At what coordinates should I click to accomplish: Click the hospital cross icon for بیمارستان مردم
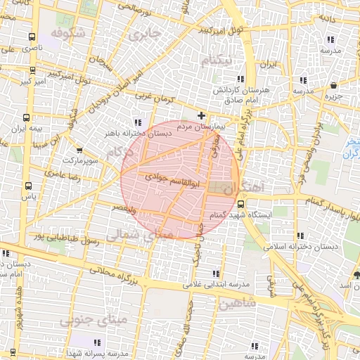click(202, 115)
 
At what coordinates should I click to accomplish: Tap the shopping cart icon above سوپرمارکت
click(79, 150)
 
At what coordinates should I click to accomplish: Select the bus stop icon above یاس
click(28, 186)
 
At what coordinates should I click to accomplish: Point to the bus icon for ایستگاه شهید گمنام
click(308, 202)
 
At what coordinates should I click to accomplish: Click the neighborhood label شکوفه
click(67, 33)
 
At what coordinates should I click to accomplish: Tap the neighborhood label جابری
click(145, 33)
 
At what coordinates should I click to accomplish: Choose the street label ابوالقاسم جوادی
click(165, 181)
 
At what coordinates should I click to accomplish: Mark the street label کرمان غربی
click(154, 94)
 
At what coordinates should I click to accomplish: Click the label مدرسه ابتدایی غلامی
click(217, 285)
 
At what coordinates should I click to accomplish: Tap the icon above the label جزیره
click(333, 86)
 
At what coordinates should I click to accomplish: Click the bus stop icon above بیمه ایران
click(26, 118)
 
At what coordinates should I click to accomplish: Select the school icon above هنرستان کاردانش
click(240, 79)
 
